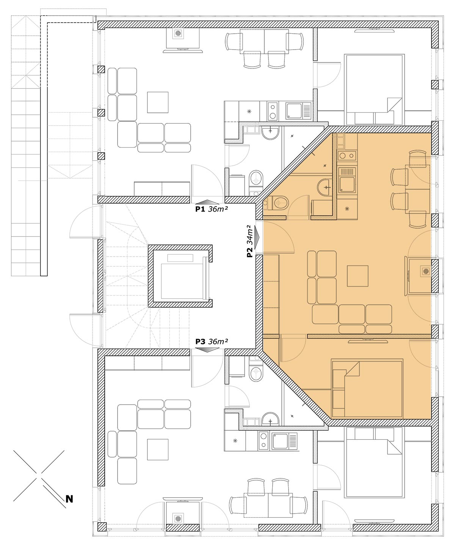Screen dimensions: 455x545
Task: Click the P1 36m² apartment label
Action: tap(212, 209)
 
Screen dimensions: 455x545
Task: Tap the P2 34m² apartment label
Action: tap(250, 241)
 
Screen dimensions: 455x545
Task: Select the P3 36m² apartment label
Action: tap(212, 341)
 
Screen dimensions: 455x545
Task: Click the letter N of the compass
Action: tap(69, 499)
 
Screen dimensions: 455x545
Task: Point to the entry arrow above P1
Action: tap(207, 202)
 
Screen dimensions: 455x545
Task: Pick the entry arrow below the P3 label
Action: tap(207, 350)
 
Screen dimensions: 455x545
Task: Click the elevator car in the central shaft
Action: tap(182, 281)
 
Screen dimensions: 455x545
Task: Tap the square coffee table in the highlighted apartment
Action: tap(358, 276)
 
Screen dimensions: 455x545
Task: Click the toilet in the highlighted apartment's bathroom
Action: tap(278, 202)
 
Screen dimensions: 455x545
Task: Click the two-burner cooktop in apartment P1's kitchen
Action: tap(273, 111)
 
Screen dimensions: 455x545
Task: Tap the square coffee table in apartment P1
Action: tap(158, 102)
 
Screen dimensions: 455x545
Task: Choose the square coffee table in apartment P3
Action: tap(158, 450)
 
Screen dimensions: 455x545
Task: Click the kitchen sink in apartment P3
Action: tap(284, 441)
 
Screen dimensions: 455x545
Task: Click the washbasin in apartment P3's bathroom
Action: tap(270, 419)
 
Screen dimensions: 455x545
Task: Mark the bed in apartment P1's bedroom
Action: tap(375, 90)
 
